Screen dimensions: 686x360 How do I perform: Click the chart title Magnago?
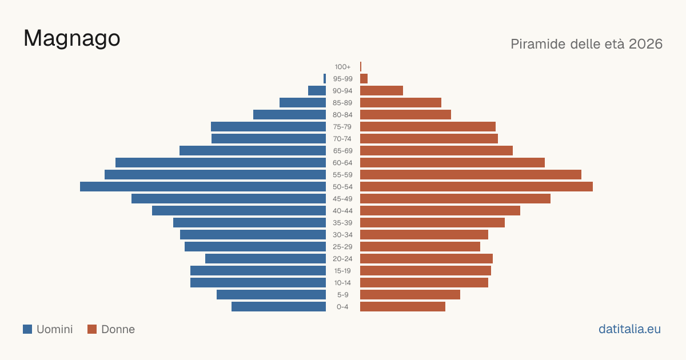pyautogui.click(x=71, y=38)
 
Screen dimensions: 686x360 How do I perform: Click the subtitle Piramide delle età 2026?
pyautogui.click(x=587, y=44)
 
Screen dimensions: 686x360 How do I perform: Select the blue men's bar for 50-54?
pyautogui.click(x=203, y=187)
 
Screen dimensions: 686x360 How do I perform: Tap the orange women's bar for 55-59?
pyautogui.click(x=470, y=175)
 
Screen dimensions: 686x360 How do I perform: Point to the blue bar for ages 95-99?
pyautogui.click(x=325, y=79)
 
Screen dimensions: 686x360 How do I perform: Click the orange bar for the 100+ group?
pyautogui.click(x=361, y=67)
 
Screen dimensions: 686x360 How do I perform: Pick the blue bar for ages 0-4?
pyautogui.click(x=279, y=307)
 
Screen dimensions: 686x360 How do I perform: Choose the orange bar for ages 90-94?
pyautogui.click(x=382, y=91)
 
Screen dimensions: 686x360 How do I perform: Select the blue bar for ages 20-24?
pyautogui.click(x=265, y=259)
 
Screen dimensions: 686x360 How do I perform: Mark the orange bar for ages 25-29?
pyautogui.click(x=420, y=247)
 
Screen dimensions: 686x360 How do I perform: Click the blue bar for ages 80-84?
pyautogui.click(x=289, y=115)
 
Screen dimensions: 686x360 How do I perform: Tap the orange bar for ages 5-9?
pyautogui.click(x=410, y=295)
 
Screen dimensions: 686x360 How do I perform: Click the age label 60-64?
pyautogui.click(x=342, y=163)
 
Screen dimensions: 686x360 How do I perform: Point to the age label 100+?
pyautogui.click(x=342, y=67)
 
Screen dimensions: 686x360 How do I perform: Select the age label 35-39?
pyautogui.click(x=342, y=223)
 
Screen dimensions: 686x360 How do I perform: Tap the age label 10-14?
pyautogui.click(x=342, y=283)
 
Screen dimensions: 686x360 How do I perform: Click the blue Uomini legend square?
pyautogui.click(x=27, y=329)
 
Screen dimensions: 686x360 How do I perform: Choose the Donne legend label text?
pyautogui.click(x=118, y=329)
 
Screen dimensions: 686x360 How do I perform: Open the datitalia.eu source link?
pyautogui.click(x=629, y=329)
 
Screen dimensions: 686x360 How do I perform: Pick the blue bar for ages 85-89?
pyautogui.click(x=302, y=103)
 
